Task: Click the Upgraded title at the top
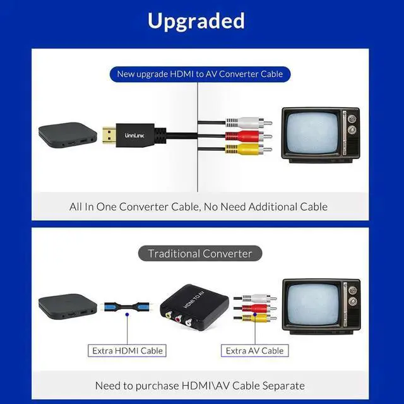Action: tap(196, 21)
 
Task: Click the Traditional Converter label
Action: tap(200, 254)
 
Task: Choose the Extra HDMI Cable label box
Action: tap(128, 350)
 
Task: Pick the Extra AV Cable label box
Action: tap(254, 350)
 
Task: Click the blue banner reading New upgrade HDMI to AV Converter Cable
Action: tap(200, 74)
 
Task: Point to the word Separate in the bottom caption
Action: tap(282, 385)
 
